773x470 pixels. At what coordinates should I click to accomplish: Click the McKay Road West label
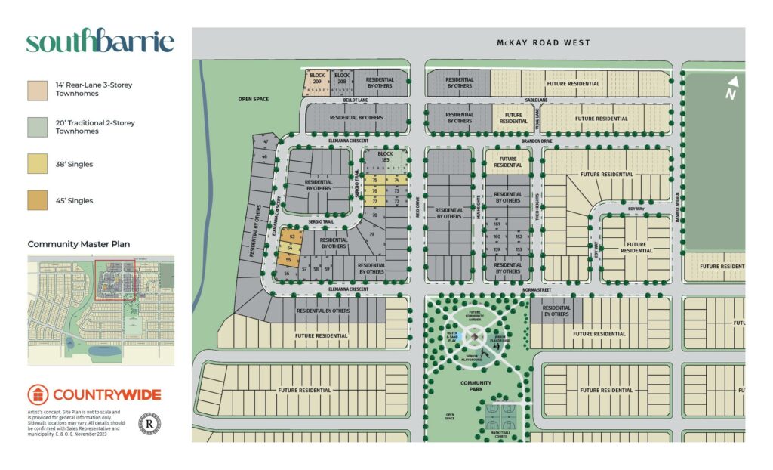coord(544,43)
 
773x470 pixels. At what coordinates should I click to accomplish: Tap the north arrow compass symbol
coord(731,88)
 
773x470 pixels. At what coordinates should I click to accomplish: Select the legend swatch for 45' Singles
coord(36,201)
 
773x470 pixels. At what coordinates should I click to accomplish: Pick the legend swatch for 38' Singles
coord(36,164)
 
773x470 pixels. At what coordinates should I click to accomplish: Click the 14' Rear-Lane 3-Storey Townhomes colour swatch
coord(36,90)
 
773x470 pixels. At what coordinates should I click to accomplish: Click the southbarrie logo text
coord(100,42)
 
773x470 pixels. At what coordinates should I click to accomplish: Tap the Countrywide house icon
coord(38,394)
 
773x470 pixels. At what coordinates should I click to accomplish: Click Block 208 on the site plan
coord(342,77)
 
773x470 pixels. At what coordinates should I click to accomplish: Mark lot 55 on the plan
coord(288,260)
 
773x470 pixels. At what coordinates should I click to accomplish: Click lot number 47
coord(265,142)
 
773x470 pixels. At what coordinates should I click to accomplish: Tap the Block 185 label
coord(386,156)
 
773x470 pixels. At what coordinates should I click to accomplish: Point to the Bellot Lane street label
coord(355,100)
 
